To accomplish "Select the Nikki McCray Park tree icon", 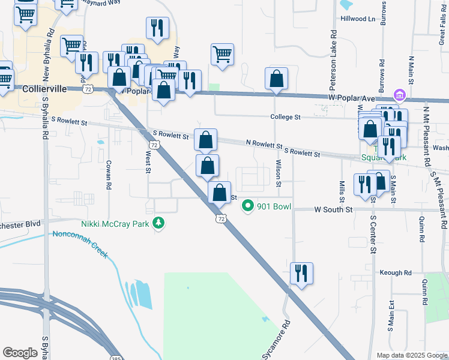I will pyautogui.click(x=158, y=224).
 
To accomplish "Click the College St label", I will pyautogui.click(x=285, y=117).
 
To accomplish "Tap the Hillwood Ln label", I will pyautogui.click(x=358, y=19).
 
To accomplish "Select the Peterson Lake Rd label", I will pyautogui.click(x=332, y=53).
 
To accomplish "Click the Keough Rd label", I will pyautogui.click(x=396, y=272).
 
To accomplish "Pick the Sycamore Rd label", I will pyautogui.click(x=277, y=340).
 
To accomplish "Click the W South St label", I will pyautogui.click(x=333, y=209).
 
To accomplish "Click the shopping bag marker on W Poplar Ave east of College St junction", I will pyautogui.click(x=276, y=79).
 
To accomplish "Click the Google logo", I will pyautogui.click(x=20, y=353).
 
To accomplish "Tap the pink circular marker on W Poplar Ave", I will pyautogui.click(x=399, y=95).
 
